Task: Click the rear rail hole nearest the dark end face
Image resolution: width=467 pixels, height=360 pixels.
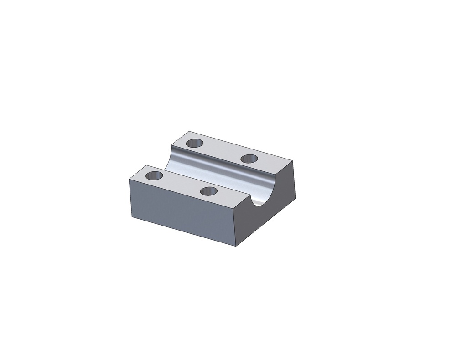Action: click(x=249, y=159)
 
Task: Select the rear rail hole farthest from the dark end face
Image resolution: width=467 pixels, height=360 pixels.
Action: click(x=195, y=143)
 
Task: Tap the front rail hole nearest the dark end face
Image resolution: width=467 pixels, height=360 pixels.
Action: click(x=208, y=191)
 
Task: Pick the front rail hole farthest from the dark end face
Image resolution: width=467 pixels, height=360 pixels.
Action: click(x=154, y=175)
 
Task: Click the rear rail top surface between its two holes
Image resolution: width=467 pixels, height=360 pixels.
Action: click(x=222, y=151)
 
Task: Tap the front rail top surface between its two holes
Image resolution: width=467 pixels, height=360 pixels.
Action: click(x=181, y=183)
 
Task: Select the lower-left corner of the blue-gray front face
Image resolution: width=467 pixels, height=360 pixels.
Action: click(x=132, y=216)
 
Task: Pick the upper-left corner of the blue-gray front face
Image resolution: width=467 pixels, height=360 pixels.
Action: click(x=130, y=179)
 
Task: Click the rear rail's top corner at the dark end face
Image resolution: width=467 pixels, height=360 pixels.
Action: click(x=292, y=160)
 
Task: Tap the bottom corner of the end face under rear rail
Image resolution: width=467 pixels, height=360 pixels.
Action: click(x=296, y=199)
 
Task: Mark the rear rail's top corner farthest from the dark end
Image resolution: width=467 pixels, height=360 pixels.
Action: click(x=189, y=131)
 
